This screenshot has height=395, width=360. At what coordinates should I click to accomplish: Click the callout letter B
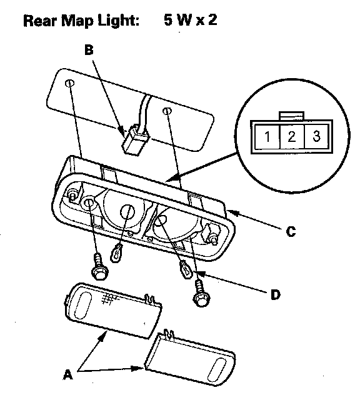tap(89, 50)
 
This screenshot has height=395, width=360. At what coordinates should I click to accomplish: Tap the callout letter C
tap(291, 231)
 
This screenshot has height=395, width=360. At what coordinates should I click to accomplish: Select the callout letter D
tap(276, 294)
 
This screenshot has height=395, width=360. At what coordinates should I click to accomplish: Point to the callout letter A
tap(67, 374)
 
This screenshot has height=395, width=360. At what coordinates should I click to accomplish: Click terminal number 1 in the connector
tap(267, 136)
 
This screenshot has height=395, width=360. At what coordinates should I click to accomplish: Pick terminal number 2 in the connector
tap(291, 136)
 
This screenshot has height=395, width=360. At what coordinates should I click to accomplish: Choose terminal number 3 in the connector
tap(316, 136)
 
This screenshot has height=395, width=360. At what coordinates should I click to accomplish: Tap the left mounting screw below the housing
tap(100, 267)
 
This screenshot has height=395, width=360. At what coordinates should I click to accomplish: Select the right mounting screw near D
tap(201, 294)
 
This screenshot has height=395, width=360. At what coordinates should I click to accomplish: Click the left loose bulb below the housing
tap(116, 253)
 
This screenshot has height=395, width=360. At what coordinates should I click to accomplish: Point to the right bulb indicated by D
tap(186, 270)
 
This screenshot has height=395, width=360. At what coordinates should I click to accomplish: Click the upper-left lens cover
tap(113, 310)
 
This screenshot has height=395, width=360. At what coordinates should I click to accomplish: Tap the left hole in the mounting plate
tap(70, 82)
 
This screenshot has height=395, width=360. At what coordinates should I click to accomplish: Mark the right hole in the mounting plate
tap(167, 111)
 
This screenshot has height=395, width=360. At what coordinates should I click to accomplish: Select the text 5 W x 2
tap(190, 19)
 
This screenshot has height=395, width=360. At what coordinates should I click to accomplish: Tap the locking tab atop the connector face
tap(291, 116)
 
